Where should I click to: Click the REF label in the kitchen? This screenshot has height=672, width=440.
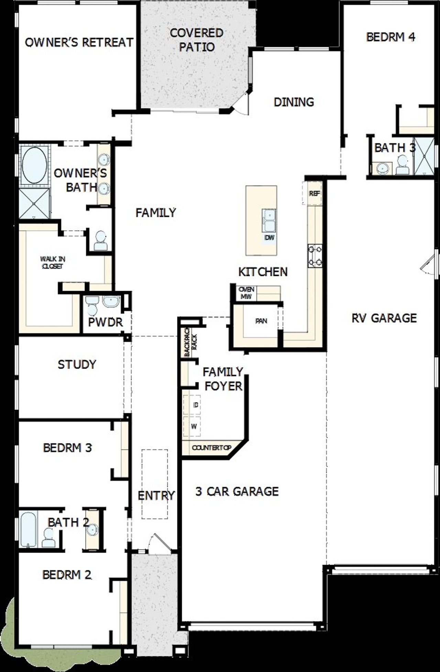(314, 194)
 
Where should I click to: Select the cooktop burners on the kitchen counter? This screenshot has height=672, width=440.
(315, 256)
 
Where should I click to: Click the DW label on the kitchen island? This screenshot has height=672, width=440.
(269, 237)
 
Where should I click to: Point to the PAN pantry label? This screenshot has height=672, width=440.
(261, 321)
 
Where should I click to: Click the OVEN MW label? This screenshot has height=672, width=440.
(246, 293)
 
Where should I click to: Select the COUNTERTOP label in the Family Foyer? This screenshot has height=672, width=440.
(211, 448)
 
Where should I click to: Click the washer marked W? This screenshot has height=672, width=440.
(194, 427)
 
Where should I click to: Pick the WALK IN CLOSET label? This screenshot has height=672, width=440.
(53, 263)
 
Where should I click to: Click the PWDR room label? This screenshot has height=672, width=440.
(105, 322)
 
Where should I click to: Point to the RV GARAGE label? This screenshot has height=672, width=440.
(384, 318)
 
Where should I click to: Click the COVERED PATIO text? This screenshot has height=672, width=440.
(197, 40)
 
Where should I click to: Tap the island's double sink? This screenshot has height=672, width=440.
(269, 220)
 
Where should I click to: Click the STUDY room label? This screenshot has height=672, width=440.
(77, 364)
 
